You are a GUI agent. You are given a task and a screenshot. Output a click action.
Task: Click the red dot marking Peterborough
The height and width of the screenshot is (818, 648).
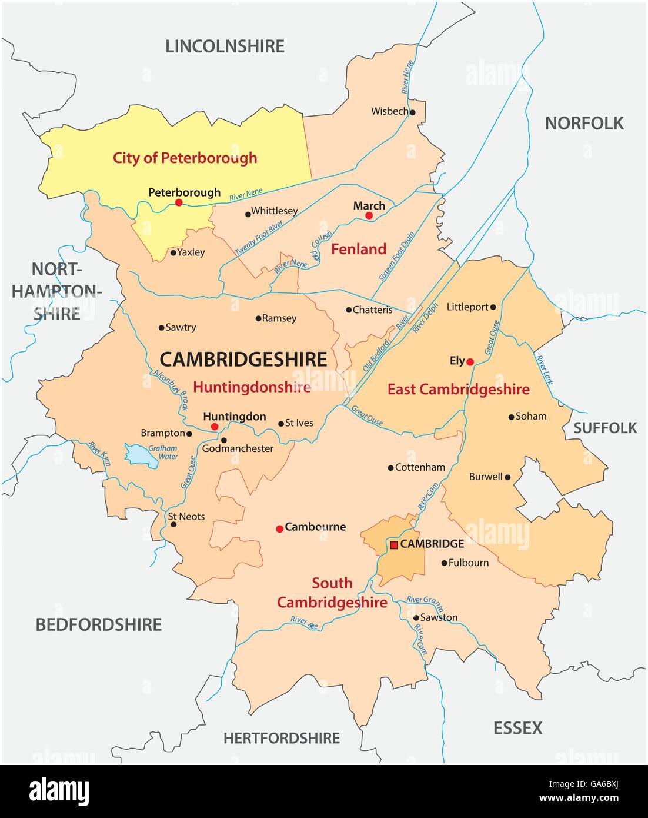pyautogui.click(x=179, y=202)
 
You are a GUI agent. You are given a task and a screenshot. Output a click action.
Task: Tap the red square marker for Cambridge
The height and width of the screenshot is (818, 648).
pyautogui.click(x=393, y=544)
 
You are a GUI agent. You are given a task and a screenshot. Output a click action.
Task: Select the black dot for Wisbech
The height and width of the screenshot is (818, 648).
pyautogui.click(x=413, y=112)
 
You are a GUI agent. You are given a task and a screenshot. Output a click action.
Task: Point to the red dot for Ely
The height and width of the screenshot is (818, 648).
pyautogui.click(x=470, y=362)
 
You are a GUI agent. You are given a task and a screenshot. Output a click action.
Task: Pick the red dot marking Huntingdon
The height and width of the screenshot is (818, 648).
pyautogui.click(x=215, y=427)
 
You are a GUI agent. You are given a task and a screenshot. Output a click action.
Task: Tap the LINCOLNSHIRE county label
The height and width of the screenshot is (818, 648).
pyautogui.click(x=225, y=46)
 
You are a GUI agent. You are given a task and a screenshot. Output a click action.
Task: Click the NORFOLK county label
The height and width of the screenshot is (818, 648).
pyautogui.click(x=584, y=123)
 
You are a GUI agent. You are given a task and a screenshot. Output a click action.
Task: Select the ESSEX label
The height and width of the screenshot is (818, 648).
pyautogui.click(x=517, y=728)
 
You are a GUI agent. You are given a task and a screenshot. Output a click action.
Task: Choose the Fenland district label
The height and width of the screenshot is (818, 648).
pyautogui.click(x=359, y=249)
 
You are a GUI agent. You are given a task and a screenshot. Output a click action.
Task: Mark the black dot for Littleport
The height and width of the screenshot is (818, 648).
pyautogui.click(x=493, y=307)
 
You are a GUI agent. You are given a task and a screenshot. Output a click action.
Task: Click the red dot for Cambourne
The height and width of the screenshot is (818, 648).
pyautogui.click(x=279, y=528)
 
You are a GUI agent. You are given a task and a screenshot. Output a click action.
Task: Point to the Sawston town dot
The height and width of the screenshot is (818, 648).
pyautogui.click(x=416, y=618)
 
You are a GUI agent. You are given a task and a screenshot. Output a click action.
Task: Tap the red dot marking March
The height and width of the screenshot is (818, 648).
pyautogui.click(x=369, y=216)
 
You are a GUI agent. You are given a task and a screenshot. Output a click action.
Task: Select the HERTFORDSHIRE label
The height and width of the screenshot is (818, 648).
pyautogui.click(x=282, y=737)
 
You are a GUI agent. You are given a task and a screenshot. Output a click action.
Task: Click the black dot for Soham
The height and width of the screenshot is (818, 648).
pyautogui.click(x=511, y=417)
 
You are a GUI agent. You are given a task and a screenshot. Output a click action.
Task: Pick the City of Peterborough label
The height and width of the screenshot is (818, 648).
pyautogui.click(x=185, y=158)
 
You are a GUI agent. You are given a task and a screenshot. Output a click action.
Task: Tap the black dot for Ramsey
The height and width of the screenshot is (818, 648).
pyautogui.click(x=258, y=318)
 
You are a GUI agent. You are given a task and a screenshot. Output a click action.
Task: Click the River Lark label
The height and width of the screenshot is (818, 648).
pyautogui.click(x=545, y=370)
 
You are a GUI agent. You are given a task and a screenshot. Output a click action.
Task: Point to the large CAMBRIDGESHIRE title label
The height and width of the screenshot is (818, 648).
pyautogui.click(x=243, y=359)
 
